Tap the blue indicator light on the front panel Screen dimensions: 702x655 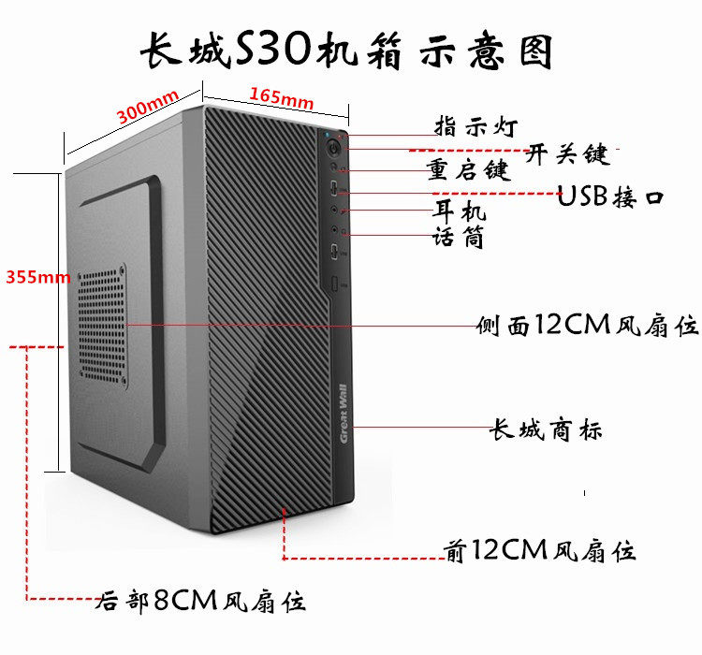pyautogui.click(x=329, y=133)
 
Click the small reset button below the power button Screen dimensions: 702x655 pyautogui.click(x=335, y=170)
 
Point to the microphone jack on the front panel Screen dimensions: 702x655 pyautogui.click(x=337, y=230)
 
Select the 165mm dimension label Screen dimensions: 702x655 pyautogui.click(x=282, y=96)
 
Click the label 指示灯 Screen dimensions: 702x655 pyautogui.click(x=474, y=126)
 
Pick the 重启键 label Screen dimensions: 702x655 pyautogui.click(x=467, y=170)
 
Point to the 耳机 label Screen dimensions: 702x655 pyautogui.click(x=459, y=211)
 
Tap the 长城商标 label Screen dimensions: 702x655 pyautogui.click(x=547, y=430)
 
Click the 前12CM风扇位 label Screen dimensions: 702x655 pyautogui.click(x=540, y=550)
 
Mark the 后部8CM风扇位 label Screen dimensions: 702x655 pyautogui.click(x=200, y=600)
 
